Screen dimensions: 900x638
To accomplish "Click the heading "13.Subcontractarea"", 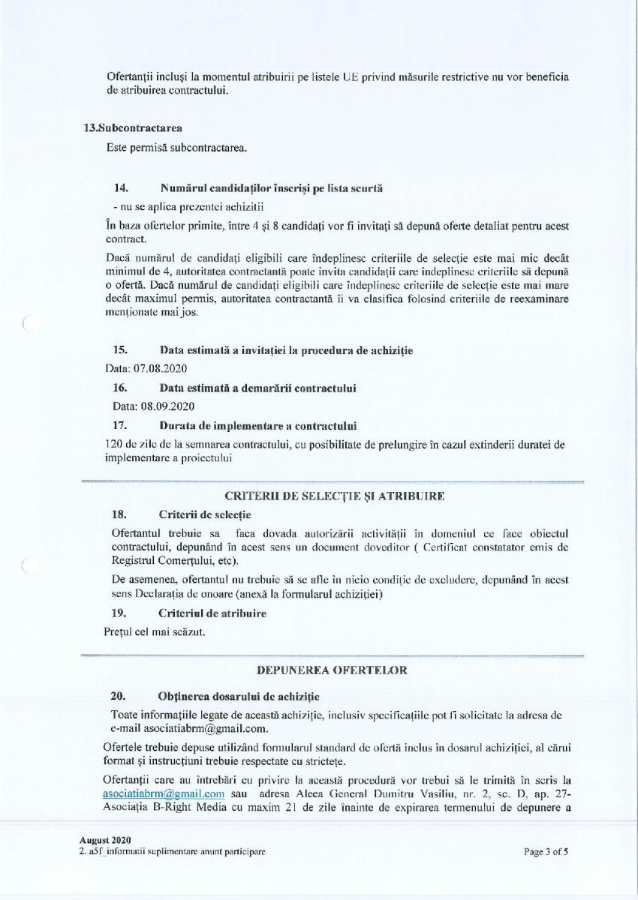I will [132, 127].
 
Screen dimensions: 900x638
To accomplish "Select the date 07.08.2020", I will [161, 369].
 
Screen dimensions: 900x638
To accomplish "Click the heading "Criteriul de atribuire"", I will [212, 613].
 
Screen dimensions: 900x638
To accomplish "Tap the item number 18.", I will [119, 514].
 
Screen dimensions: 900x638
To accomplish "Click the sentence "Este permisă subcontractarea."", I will [176, 148].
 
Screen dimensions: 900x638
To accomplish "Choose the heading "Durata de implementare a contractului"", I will [257, 426].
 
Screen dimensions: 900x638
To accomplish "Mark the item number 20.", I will [120, 696].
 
